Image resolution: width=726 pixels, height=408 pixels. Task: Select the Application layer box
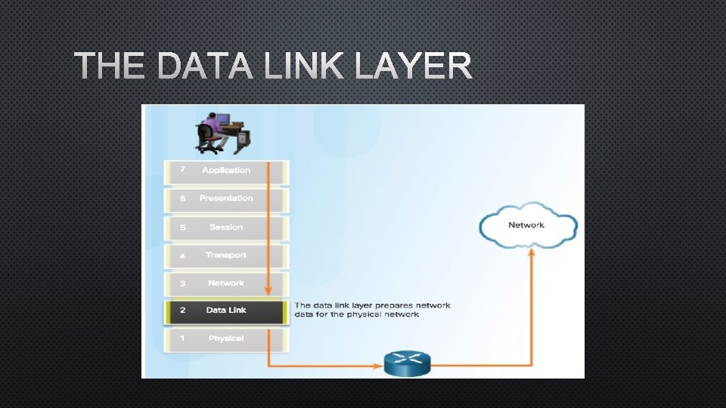tap(226, 171)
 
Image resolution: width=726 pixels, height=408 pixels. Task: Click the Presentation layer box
tap(226, 199)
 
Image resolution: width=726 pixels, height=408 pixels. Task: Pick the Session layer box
tap(226, 227)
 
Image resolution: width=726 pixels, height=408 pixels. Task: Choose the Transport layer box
tap(226, 255)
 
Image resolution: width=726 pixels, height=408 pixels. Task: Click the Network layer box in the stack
tap(226, 283)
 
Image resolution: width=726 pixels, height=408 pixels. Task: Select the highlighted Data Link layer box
tap(226, 311)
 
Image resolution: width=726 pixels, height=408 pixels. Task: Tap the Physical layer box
tap(226, 338)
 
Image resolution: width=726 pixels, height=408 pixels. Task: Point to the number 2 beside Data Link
tap(182, 311)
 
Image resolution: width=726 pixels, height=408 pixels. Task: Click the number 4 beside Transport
tap(182, 256)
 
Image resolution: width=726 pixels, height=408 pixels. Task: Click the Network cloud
tap(527, 225)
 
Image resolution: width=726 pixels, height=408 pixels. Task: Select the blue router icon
tap(407, 363)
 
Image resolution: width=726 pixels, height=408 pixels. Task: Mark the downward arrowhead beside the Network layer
tap(268, 292)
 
